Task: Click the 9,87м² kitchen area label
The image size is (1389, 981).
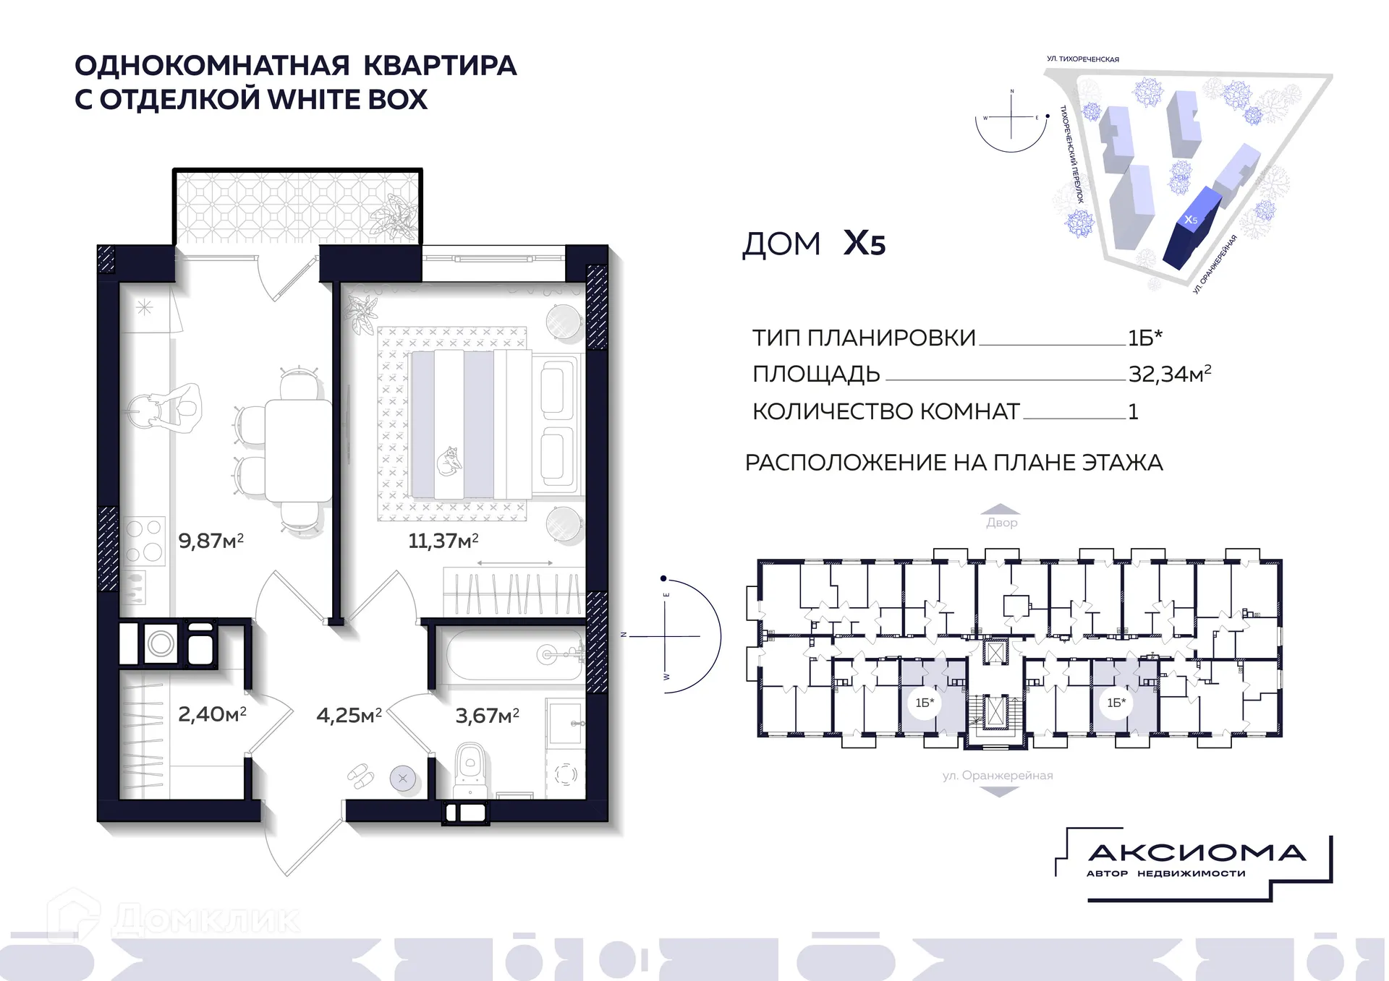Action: [211, 541]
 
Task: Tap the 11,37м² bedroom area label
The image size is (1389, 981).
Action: [443, 541]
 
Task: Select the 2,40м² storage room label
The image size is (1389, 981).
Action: [212, 714]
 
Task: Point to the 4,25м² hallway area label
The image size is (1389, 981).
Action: [349, 716]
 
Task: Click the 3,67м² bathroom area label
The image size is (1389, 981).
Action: [487, 716]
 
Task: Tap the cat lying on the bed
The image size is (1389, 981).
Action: [449, 460]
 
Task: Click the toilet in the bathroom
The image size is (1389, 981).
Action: [470, 770]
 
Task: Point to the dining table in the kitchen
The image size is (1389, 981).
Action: [297, 450]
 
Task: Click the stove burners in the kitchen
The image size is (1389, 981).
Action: [144, 540]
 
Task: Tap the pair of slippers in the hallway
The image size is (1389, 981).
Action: [361, 776]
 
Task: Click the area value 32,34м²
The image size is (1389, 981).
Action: [1169, 374]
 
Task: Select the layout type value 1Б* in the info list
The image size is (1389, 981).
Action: [1144, 338]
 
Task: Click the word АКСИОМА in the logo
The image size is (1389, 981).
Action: [1197, 853]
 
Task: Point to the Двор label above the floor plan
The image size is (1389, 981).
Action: [1001, 522]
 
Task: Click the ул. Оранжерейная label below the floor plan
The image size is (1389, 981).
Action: [998, 775]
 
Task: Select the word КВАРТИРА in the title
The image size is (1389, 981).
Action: [440, 66]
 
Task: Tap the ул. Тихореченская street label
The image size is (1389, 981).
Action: [1082, 59]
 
